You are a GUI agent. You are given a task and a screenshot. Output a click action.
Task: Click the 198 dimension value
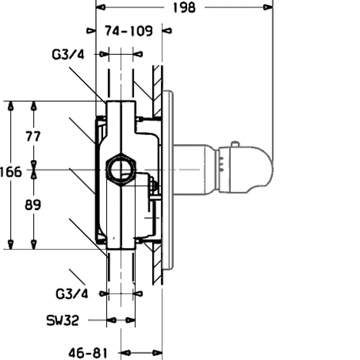pyautogui.click(x=184, y=8)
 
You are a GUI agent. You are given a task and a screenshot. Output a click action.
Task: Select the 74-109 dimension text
pyautogui.click(x=129, y=31)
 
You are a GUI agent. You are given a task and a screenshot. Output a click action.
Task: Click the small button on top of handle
pyautogui.click(x=234, y=144)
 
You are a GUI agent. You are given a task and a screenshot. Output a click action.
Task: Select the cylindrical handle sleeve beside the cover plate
pyautogui.click(x=191, y=170)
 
